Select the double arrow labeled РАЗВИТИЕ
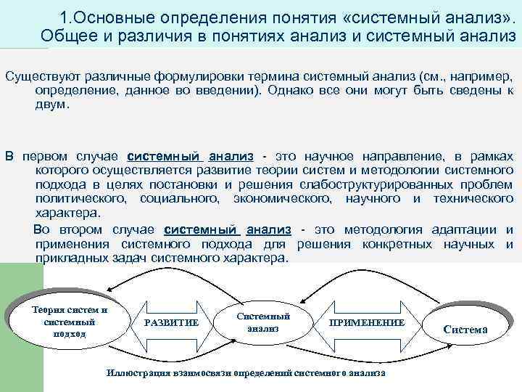pyautogui.click(x=171, y=322)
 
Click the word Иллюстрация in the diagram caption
pyautogui.click(x=136, y=372)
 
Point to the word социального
pyautogui.click(x=181, y=198)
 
